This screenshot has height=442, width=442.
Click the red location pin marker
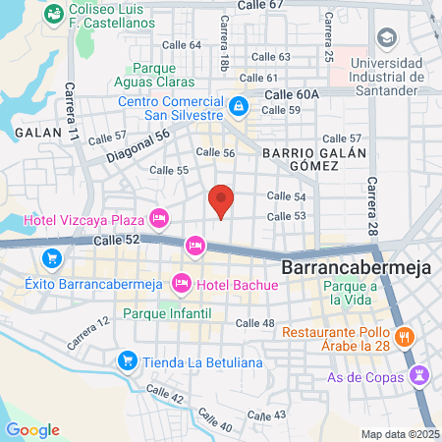tap(222, 199)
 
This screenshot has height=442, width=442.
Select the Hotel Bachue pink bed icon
tap(181, 285)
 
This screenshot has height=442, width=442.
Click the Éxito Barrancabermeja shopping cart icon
tap(50, 259)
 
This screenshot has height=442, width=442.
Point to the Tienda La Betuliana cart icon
tap(126, 361)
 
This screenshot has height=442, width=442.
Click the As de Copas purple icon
tap(420, 374)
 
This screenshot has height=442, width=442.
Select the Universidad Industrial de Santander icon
tap(386, 38)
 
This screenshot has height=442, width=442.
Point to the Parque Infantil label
tap(168, 313)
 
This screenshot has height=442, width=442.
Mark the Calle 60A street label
tap(292, 93)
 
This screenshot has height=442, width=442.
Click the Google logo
tap(32, 429)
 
